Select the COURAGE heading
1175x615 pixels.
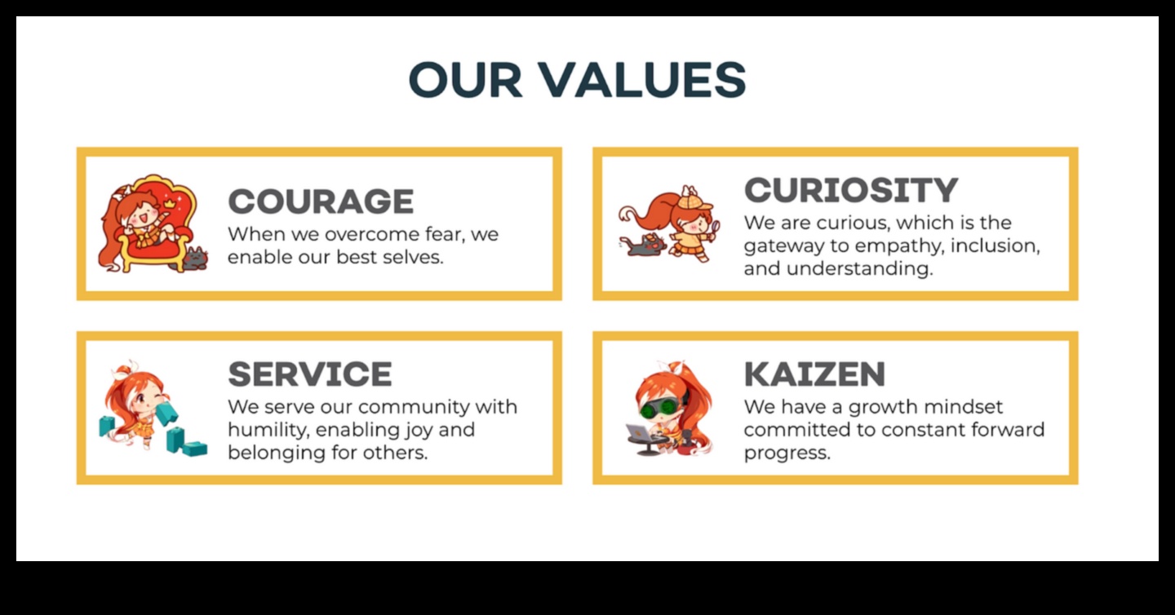click(321, 201)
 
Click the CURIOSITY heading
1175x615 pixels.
click(850, 190)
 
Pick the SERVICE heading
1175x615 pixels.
click(310, 374)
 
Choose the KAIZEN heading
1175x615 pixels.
click(814, 374)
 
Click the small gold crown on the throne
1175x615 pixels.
click(170, 198)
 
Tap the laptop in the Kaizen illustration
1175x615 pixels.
click(641, 433)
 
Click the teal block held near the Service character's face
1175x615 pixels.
click(166, 413)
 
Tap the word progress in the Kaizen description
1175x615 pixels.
click(787, 453)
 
